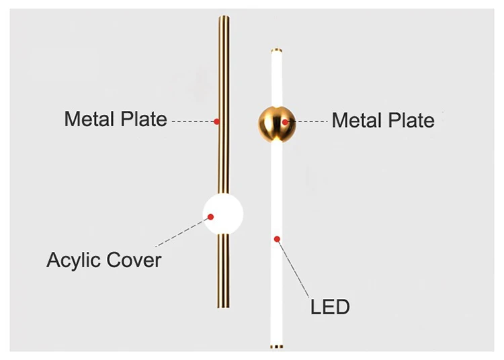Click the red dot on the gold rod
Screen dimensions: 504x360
click(216, 122)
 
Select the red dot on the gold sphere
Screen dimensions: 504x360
click(286, 122)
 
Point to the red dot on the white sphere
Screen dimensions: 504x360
click(210, 217)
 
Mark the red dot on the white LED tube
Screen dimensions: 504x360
click(276, 238)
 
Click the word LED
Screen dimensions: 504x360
click(330, 308)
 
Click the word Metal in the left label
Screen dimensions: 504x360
click(89, 120)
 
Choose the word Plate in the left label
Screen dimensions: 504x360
click(142, 120)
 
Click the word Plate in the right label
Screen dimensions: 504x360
click(410, 121)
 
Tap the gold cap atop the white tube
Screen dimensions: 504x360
click(276, 50)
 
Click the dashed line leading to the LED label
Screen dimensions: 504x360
click(293, 269)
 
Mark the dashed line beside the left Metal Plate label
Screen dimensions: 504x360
click(193, 122)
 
